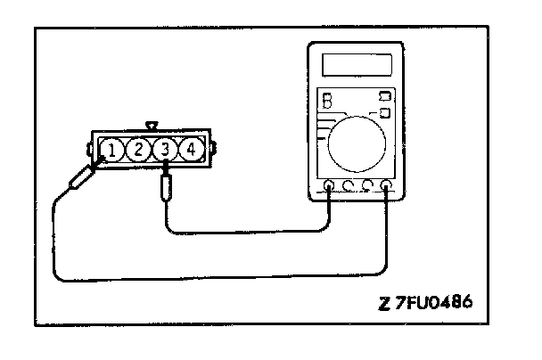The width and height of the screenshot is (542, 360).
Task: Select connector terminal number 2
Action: pos(139,150)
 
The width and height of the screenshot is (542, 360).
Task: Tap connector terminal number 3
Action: pos(165,150)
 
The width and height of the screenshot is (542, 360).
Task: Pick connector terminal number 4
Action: pos(190,150)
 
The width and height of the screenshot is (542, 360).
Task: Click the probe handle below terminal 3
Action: pos(166,188)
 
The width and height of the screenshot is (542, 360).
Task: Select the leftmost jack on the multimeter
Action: pos(329,187)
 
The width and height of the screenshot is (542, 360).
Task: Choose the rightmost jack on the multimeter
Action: pos(385,187)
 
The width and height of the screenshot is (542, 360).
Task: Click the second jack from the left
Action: pos(348,187)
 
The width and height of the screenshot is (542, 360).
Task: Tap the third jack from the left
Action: pos(366,187)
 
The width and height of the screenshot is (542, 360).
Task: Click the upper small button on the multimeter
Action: pos(385,95)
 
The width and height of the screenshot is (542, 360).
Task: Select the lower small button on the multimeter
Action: pos(385,112)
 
